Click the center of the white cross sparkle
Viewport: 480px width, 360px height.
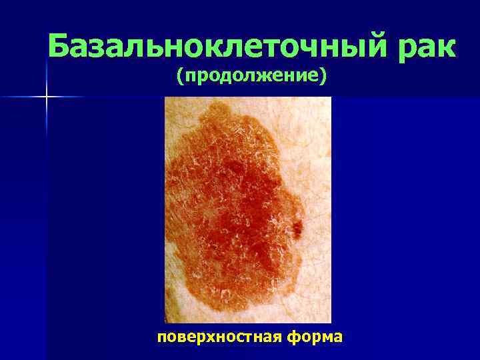[47, 97]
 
